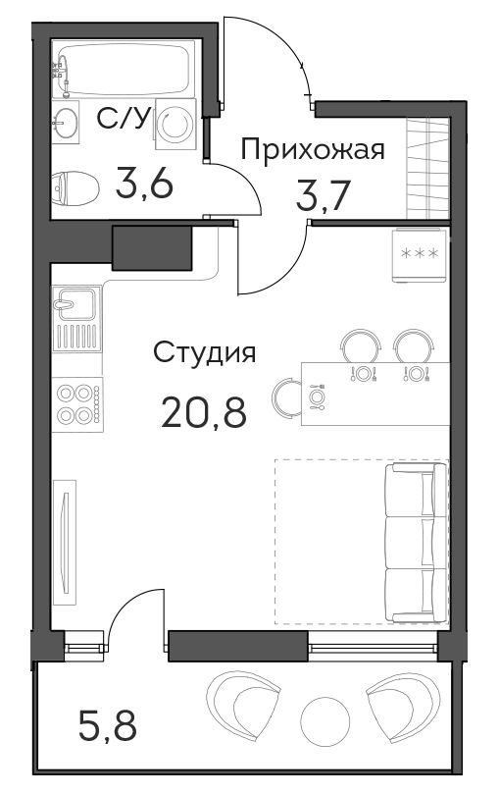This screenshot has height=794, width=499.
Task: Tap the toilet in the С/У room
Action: [x=75, y=187]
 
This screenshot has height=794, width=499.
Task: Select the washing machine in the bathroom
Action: [x=175, y=124]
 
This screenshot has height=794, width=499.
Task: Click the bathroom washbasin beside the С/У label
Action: [x=66, y=122]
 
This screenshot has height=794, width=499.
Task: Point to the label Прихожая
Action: [x=313, y=150]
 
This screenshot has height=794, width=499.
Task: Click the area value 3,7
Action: [x=324, y=196]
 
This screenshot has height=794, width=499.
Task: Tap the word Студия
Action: [x=204, y=352]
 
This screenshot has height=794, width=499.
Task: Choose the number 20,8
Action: [x=204, y=411]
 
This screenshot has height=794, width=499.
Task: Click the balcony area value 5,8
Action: [x=108, y=724]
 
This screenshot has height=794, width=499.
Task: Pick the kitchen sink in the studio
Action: [x=76, y=319]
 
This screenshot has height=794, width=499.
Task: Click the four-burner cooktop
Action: [x=78, y=404]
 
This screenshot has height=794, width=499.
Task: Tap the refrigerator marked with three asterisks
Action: [x=421, y=254]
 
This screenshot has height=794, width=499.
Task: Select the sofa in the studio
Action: [x=416, y=543]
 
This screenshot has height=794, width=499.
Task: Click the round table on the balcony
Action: [x=325, y=721]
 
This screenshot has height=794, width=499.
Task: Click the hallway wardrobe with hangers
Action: [x=428, y=168]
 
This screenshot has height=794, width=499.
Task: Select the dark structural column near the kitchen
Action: [x=152, y=247]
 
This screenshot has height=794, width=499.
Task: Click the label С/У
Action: [x=124, y=120]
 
